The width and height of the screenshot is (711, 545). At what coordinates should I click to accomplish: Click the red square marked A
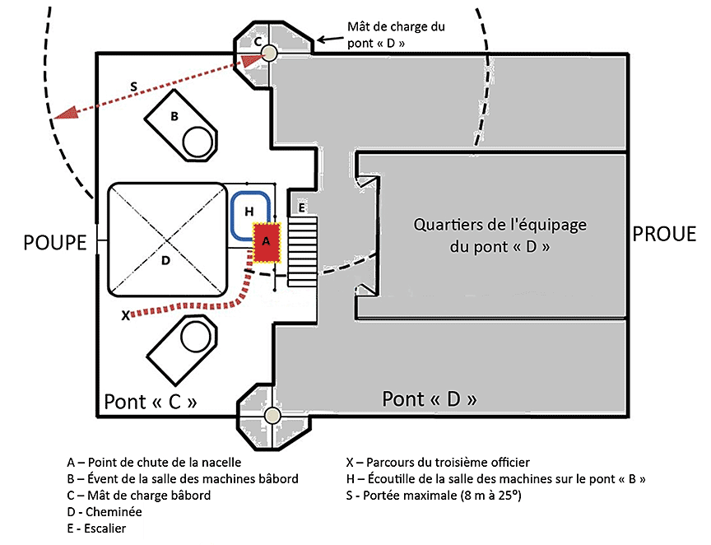click(265, 242)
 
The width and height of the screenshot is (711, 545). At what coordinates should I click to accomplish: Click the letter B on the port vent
click(174, 117)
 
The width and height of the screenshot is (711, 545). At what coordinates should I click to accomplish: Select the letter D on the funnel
click(165, 261)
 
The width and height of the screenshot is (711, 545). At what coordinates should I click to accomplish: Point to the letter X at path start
click(125, 314)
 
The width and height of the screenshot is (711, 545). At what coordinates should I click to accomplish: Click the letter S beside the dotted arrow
click(133, 86)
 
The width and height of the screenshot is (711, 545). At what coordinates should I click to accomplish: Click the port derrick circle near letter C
click(269, 54)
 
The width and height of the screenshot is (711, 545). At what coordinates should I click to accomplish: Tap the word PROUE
click(664, 235)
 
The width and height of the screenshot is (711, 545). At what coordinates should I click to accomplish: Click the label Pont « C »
click(151, 402)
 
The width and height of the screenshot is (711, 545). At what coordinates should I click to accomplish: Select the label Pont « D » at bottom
click(430, 400)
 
